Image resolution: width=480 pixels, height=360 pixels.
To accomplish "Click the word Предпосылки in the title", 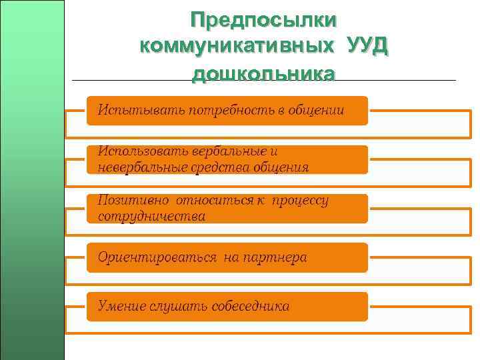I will (x=263, y=19).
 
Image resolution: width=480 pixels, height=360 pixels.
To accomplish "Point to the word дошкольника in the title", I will (x=263, y=73).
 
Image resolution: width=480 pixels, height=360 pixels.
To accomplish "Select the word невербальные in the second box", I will (x=140, y=167).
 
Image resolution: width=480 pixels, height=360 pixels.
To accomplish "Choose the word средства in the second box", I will (x=217, y=167).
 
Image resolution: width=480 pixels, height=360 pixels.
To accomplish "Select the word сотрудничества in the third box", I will (x=151, y=217).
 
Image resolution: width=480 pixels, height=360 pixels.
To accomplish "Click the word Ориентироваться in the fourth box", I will (x=157, y=257).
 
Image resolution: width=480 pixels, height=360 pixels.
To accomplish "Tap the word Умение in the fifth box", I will (x=121, y=307).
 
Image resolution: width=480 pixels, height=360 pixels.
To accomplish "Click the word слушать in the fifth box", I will (x=177, y=307).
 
